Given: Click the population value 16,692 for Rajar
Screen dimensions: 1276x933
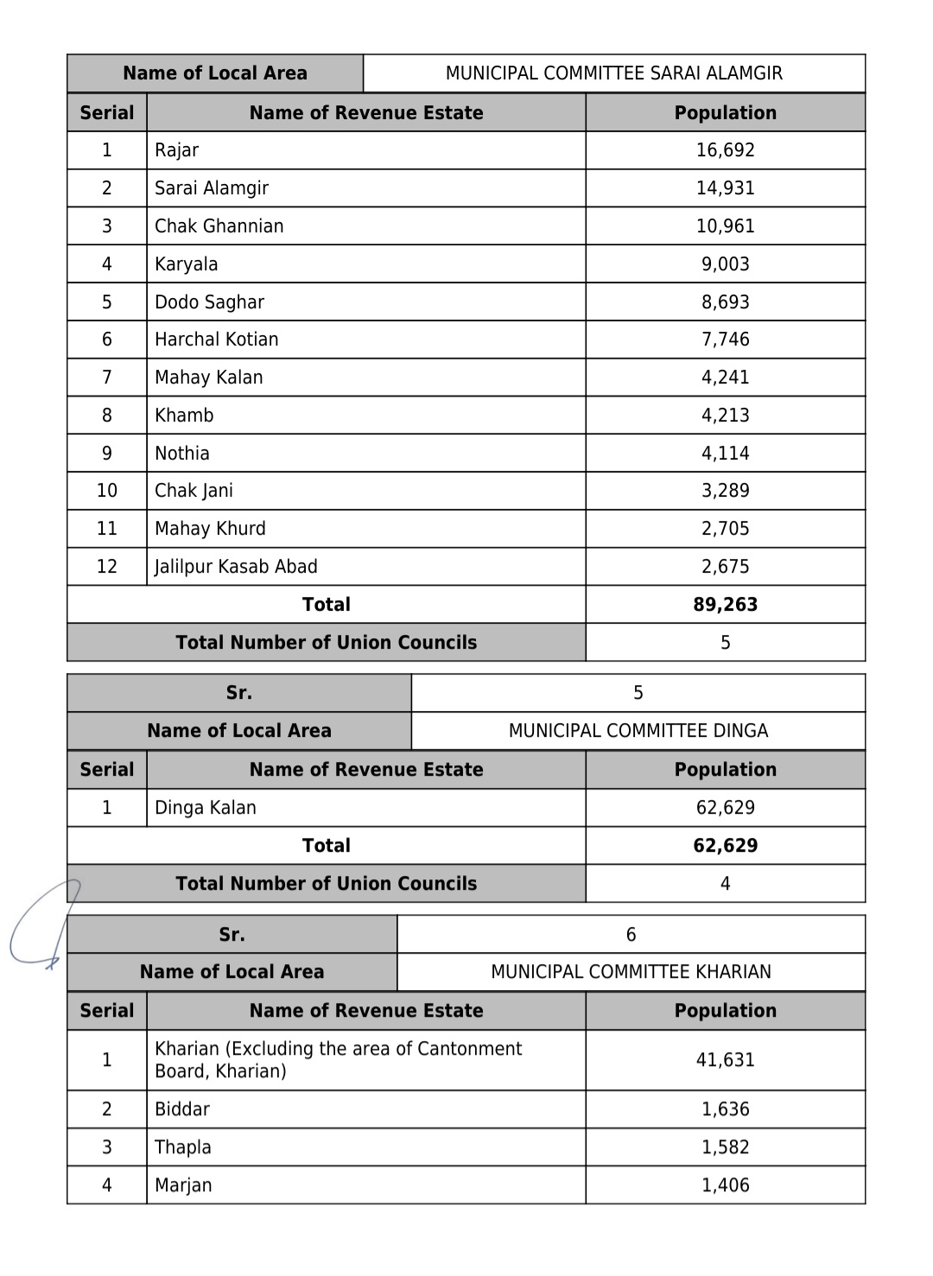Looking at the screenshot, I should pyautogui.click(x=725, y=150).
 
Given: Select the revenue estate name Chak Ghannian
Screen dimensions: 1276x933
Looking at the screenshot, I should pyautogui.click(x=219, y=226).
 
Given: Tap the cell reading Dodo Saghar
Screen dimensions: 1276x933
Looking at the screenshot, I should pyautogui.click(x=209, y=302).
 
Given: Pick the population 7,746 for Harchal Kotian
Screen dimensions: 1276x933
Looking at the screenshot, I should pyautogui.click(x=725, y=340).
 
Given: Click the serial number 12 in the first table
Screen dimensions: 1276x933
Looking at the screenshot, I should pyautogui.click(x=106, y=567).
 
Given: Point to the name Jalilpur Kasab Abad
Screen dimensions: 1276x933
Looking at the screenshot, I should pyautogui.click(x=236, y=567).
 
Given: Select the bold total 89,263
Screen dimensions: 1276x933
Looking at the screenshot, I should pyautogui.click(x=725, y=605).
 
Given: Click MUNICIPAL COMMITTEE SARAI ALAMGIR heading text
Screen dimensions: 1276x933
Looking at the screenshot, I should pyautogui.click(x=613, y=73).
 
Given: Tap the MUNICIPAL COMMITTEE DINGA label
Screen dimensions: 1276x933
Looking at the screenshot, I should pyautogui.click(x=638, y=731).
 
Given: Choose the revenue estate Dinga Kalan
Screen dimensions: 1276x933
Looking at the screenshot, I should pyautogui.click(x=206, y=808).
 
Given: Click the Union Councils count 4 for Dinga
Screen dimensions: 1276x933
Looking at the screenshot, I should pyautogui.click(x=725, y=884).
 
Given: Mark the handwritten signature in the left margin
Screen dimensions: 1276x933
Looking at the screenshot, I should pyautogui.click(x=43, y=924).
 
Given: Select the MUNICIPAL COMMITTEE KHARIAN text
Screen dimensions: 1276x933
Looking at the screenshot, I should pyautogui.click(x=631, y=972).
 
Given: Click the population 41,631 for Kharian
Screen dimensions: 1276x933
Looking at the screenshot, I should pyautogui.click(x=725, y=1060).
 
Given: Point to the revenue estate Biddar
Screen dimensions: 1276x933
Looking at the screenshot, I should pyautogui.click(x=182, y=1109).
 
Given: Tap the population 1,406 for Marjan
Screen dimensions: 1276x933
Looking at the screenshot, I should pyautogui.click(x=725, y=1185).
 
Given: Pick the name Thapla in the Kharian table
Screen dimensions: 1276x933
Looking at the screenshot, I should pyautogui.click(x=183, y=1147).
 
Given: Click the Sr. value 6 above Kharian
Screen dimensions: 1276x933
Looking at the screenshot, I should pyautogui.click(x=631, y=935).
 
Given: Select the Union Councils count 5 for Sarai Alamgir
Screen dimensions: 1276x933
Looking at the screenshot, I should pyautogui.click(x=725, y=643).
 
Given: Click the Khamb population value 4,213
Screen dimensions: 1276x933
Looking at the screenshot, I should pyautogui.click(x=725, y=416).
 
